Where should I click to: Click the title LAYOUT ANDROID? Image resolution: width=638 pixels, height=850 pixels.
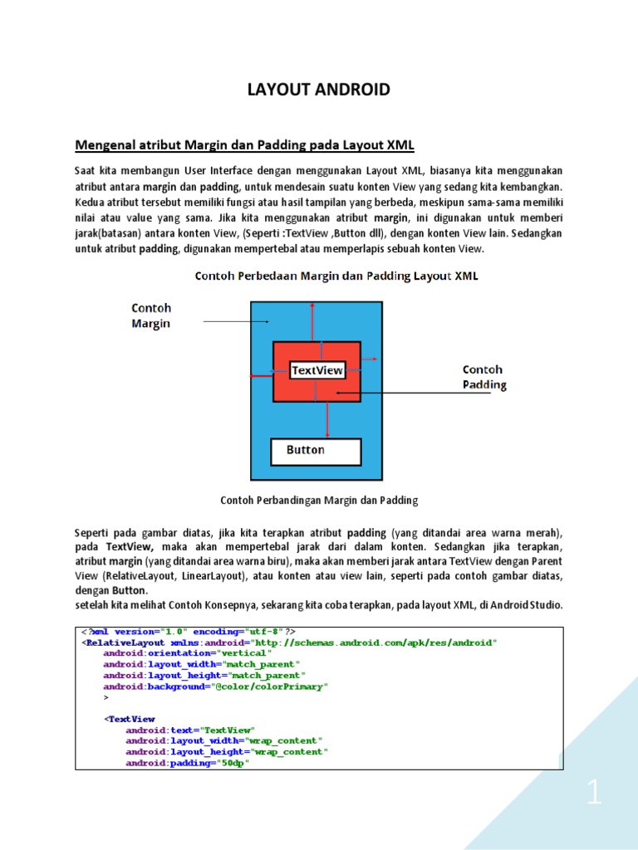pyautogui.click(x=319, y=90)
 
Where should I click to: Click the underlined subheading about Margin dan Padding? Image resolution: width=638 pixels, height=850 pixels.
pyautogui.click(x=244, y=145)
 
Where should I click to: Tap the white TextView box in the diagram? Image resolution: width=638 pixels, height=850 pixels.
pyautogui.click(x=317, y=370)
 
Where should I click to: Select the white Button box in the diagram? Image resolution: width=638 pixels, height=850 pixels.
pyautogui.click(x=316, y=451)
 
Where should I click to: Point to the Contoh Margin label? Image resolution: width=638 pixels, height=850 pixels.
pyautogui.click(x=151, y=315)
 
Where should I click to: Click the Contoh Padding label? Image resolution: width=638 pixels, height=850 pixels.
pyautogui.click(x=483, y=377)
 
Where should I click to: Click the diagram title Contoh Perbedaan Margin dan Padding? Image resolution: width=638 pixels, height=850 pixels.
pyautogui.click(x=336, y=276)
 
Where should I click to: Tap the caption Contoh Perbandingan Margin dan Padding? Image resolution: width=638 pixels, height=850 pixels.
pyautogui.click(x=319, y=501)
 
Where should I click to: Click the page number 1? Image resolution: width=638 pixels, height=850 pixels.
pyautogui.click(x=594, y=795)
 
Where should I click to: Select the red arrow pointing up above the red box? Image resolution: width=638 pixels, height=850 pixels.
pyautogui.click(x=312, y=320)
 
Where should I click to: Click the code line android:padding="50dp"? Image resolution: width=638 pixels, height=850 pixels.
pyautogui.click(x=188, y=763)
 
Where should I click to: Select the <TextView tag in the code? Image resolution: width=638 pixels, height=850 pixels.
pyautogui.click(x=130, y=719)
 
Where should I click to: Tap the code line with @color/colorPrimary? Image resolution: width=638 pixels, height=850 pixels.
pyautogui.click(x=216, y=686)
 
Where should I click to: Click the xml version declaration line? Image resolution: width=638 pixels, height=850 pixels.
pyautogui.click(x=188, y=632)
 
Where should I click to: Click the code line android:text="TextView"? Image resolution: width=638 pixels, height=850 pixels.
pyautogui.click(x=190, y=730)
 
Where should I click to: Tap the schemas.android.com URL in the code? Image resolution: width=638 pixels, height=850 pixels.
pyautogui.click(x=373, y=642)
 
